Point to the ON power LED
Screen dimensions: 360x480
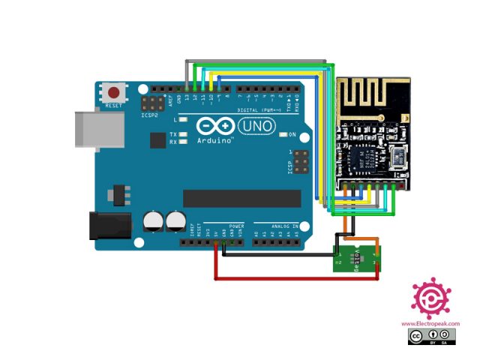click(x=282, y=135)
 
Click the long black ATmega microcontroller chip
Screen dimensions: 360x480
click(x=241, y=198)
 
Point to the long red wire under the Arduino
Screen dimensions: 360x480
click(x=296, y=278)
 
